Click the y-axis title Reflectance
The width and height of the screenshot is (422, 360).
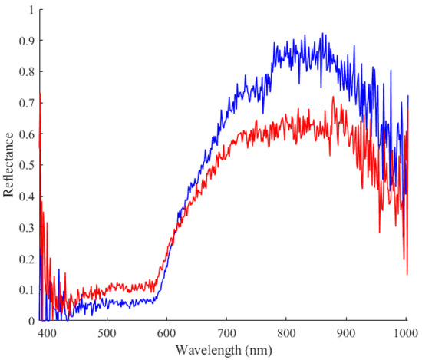pyautogui.click(x=8, y=165)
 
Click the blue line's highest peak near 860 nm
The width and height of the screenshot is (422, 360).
pyautogui.click(x=323, y=34)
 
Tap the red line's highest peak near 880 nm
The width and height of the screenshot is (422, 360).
pyautogui.click(x=333, y=97)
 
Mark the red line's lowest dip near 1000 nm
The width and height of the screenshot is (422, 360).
pyautogui.click(x=407, y=274)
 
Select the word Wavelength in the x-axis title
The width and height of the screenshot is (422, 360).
pyautogui.click(x=214, y=349)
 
